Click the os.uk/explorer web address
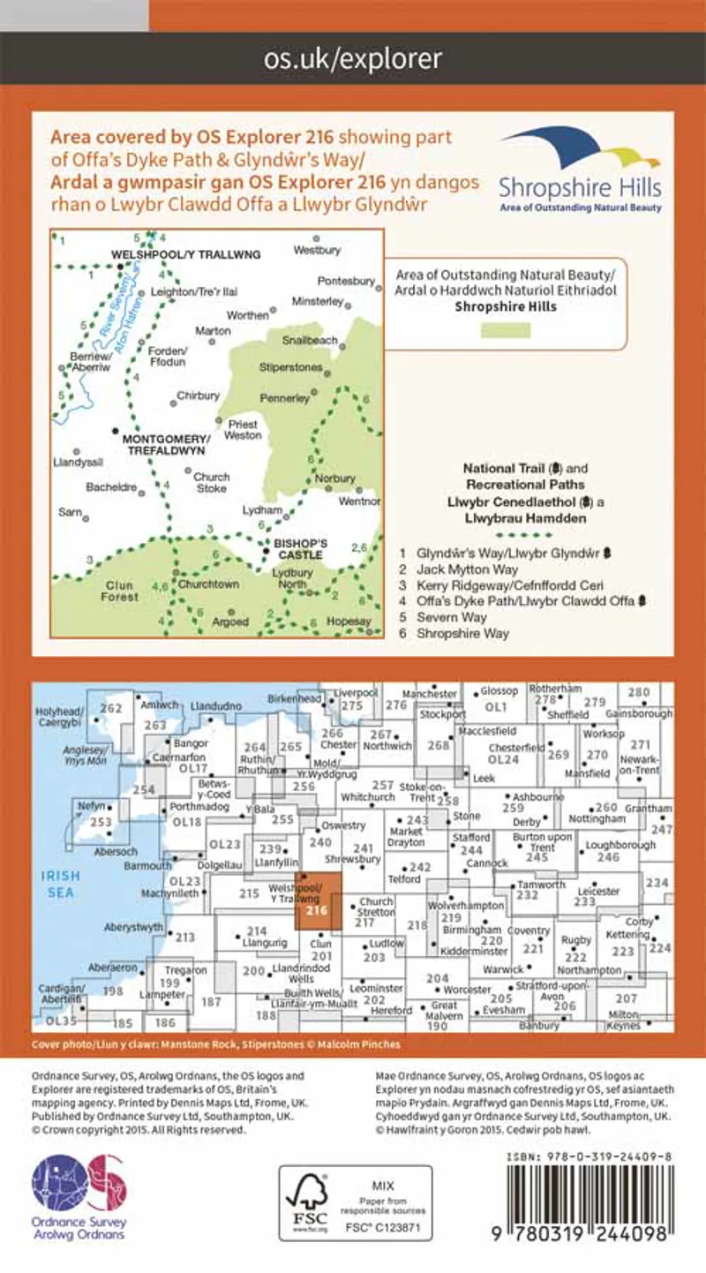tap(353, 59)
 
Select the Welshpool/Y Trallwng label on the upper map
tap(187, 254)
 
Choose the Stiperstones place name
tap(290, 366)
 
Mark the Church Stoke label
tap(211, 482)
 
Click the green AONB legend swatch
tap(506, 331)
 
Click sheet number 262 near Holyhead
tap(112, 709)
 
